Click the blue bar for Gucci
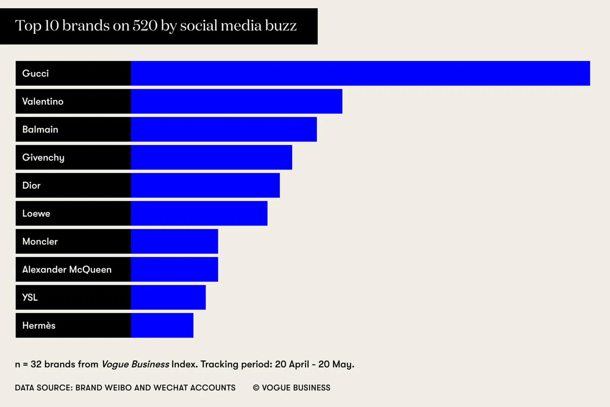click(x=360, y=73)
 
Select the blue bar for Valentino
click(x=236, y=101)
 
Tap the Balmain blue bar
click(x=224, y=129)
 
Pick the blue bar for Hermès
click(x=162, y=325)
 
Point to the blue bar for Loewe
click(x=199, y=214)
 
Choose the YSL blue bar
click(x=168, y=298)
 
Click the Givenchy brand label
click(x=43, y=158)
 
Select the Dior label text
click(x=31, y=185)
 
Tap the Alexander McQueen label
click(x=67, y=270)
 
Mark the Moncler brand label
click(x=40, y=241)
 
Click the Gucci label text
click(x=35, y=73)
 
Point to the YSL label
click(x=30, y=298)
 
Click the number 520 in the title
click(x=145, y=26)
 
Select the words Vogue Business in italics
click(x=135, y=364)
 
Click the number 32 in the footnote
click(x=36, y=364)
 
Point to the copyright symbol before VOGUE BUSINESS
click(x=256, y=388)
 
